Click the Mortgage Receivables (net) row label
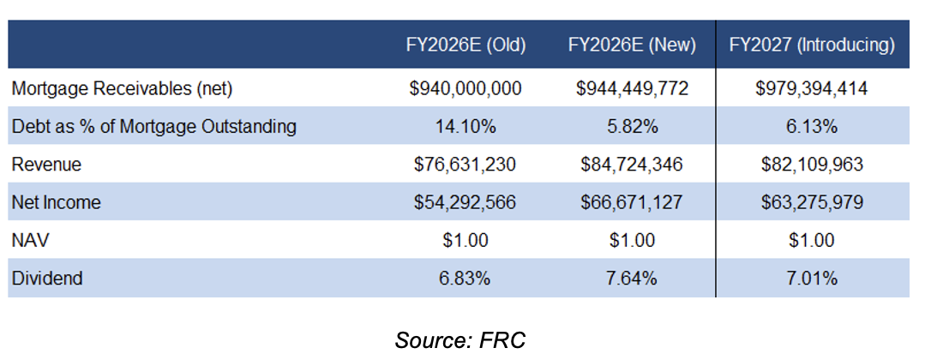(x=123, y=88)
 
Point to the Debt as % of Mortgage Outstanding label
(x=154, y=127)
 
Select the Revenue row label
(x=47, y=165)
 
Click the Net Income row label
(x=56, y=203)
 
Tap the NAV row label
(x=28, y=241)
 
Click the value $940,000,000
(x=465, y=88)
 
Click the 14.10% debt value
(x=465, y=127)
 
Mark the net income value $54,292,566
(x=465, y=203)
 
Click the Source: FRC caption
(x=459, y=339)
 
